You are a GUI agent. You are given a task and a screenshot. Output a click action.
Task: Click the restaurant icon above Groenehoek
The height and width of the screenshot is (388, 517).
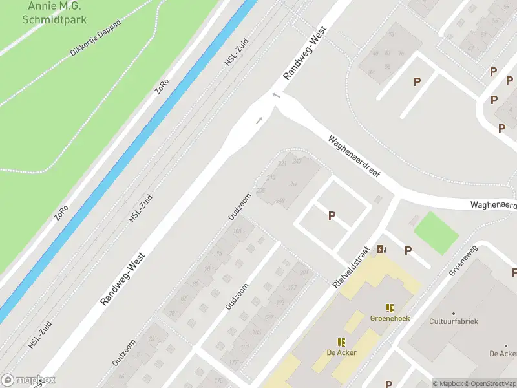coord(390,308)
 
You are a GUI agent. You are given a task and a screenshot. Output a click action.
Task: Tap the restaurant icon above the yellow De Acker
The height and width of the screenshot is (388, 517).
coord(341,342)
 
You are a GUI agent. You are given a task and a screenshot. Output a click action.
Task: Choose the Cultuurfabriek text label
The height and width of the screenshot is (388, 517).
coord(454,321)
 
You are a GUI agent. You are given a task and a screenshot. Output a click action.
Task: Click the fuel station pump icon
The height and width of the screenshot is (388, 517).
coord(382,249)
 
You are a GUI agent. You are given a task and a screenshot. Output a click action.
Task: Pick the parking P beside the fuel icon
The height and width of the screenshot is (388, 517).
coord(408,251)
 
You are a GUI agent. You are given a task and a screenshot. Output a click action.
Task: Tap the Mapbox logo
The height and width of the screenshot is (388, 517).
coord(28,380)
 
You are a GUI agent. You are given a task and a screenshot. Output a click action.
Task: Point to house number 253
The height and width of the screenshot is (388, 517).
coord(293,184)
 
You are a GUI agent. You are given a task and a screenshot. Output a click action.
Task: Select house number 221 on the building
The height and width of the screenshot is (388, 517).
coord(282,163)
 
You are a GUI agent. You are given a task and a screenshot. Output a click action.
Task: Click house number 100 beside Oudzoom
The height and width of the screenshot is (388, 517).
coord(238,231)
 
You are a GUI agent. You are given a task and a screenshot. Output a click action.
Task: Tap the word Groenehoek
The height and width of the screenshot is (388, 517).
coord(390,318)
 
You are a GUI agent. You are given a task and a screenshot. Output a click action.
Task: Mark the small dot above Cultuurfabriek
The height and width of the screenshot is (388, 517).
coord(454,313)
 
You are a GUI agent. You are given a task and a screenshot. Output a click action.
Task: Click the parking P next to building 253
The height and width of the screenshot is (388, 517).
coord(332,216)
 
